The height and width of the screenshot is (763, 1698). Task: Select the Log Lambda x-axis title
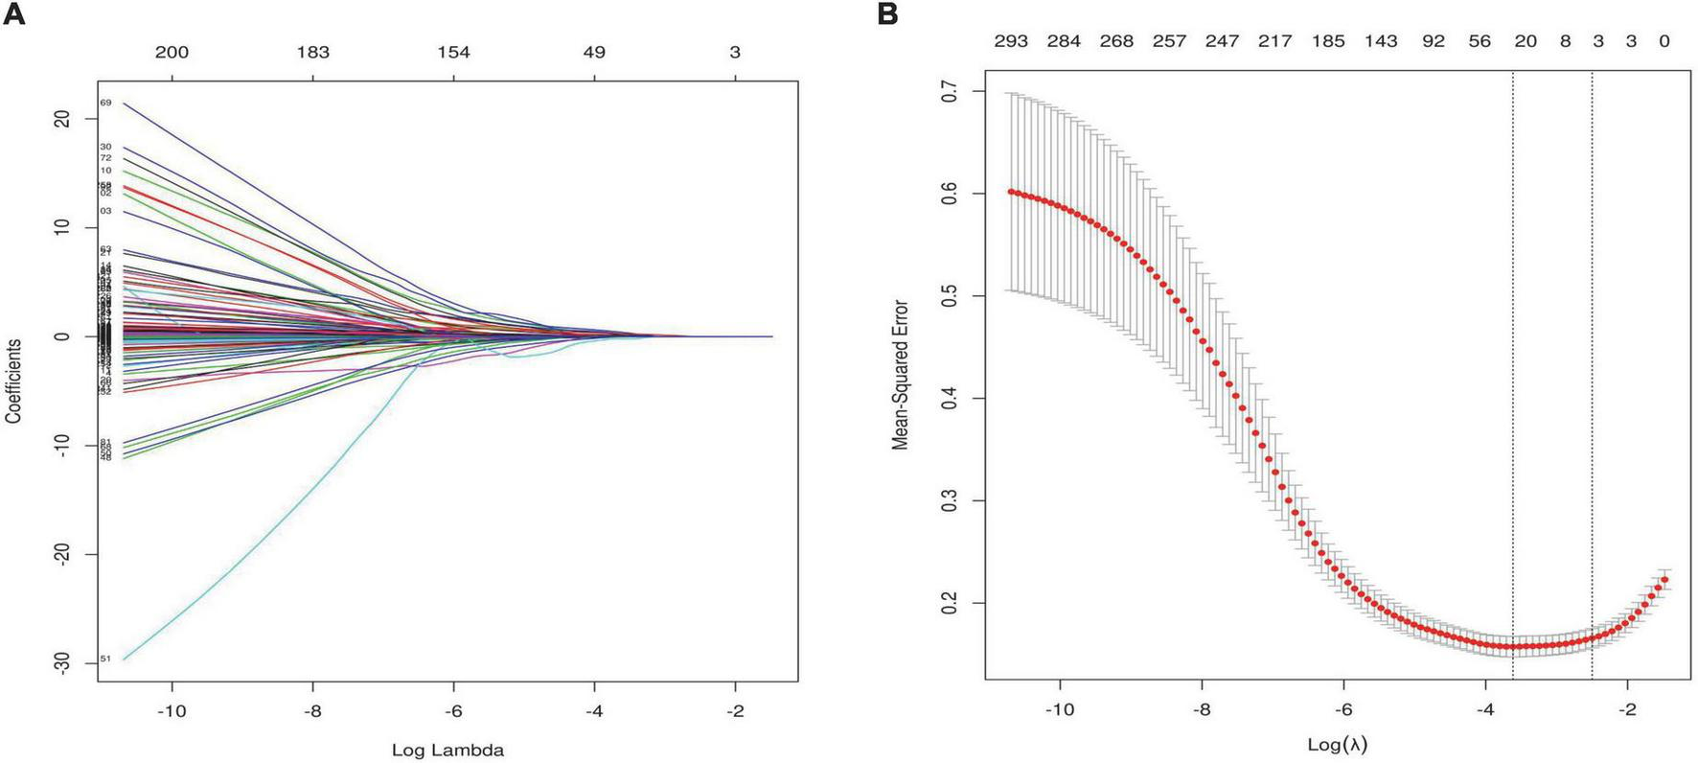pyautogui.click(x=447, y=750)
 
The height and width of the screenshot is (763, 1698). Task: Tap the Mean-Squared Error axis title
pyautogui.click(x=900, y=375)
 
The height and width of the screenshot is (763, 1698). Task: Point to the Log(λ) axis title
pyautogui.click(x=1338, y=744)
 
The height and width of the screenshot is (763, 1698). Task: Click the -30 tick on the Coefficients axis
pyautogui.click(x=62, y=663)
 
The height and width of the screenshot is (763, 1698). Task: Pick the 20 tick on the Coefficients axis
pyautogui.click(x=62, y=118)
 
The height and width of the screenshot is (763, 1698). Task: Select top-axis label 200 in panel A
pyautogui.click(x=172, y=52)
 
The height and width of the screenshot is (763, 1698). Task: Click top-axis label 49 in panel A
pyautogui.click(x=594, y=52)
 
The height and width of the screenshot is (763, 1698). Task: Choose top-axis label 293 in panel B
pyautogui.click(x=1011, y=40)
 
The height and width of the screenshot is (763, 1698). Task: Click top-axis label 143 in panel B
pyautogui.click(x=1381, y=40)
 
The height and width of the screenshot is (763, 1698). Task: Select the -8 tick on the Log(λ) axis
pyautogui.click(x=1201, y=709)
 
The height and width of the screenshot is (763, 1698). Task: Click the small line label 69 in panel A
pyautogui.click(x=105, y=103)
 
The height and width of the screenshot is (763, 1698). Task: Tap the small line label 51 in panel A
pyautogui.click(x=105, y=659)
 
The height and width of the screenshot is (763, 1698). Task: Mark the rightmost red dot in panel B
pyautogui.click(x=1664, y=579)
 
